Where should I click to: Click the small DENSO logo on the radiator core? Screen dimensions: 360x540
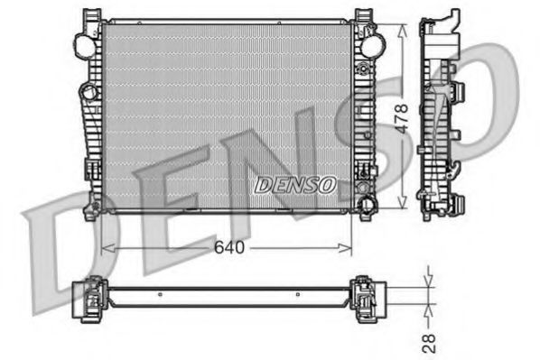(295, 184)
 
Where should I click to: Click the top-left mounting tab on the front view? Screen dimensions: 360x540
(91, 16)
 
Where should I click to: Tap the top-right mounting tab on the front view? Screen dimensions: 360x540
(363, 16)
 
